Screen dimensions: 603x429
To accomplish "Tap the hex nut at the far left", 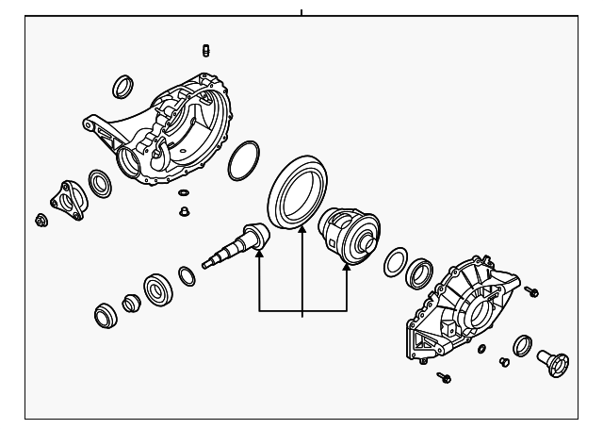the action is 41,221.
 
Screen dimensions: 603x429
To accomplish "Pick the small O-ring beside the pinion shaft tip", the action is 187,275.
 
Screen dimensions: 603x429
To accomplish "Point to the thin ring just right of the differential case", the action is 395,263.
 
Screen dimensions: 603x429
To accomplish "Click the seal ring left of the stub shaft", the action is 522,345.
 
